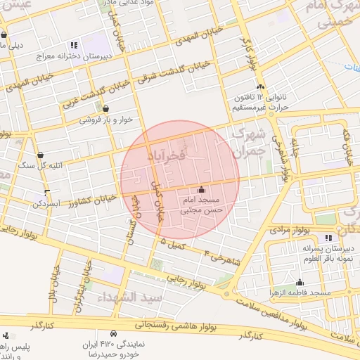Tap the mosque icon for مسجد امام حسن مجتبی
[x=202, y=189]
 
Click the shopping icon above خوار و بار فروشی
[x=105, y=108]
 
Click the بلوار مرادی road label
[x=290, y=229]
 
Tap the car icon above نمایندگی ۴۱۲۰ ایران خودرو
[x=113, y=333]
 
